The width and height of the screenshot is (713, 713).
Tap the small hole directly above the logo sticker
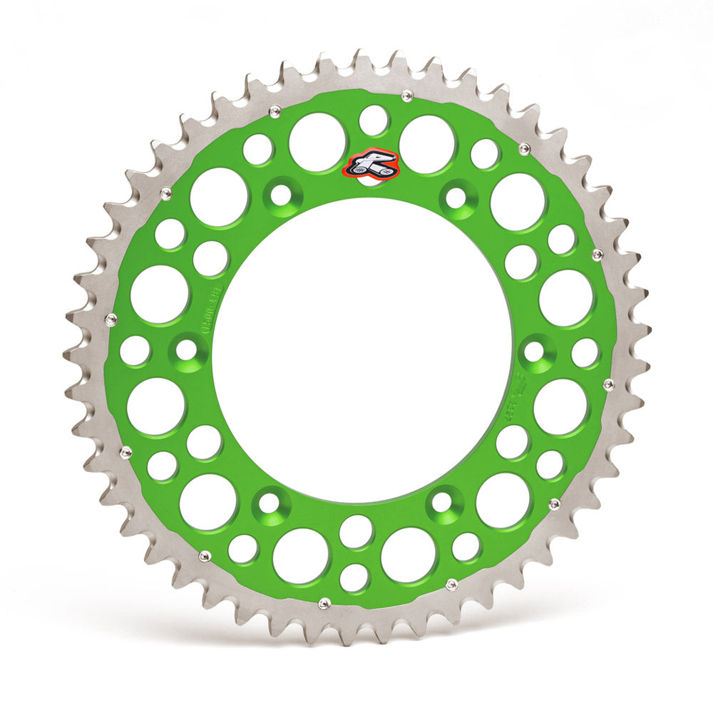coord(373,120)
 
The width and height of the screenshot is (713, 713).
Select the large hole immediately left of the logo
coord(317,142)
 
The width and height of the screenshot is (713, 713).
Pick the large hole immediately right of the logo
coord(427,144)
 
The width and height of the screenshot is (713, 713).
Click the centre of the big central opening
coord(362,351)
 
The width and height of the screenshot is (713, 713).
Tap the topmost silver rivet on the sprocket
coord(406,95)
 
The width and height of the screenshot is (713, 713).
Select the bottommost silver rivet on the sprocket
coord(324,603)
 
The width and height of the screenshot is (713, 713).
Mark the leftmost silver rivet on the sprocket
coord(110,319)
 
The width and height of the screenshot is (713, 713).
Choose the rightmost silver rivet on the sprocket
coord(608,384)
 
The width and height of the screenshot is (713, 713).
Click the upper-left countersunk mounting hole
coord(282,194)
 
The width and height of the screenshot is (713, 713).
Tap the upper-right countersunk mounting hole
coord(456,198)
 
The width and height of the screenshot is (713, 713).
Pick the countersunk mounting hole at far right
coord(534,352)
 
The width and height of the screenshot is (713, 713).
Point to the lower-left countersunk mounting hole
coord(270,503)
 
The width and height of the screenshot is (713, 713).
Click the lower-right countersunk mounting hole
coord(442,503)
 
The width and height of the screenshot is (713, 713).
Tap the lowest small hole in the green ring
coord(354,578)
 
